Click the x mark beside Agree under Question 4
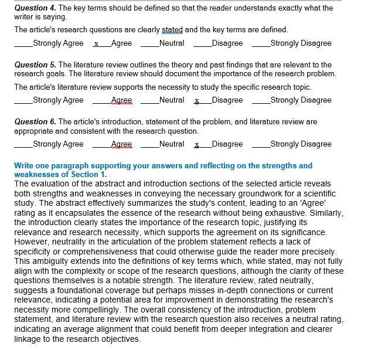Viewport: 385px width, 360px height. [x=96, y=43]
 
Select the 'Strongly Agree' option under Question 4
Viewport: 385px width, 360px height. [x=58, y=43]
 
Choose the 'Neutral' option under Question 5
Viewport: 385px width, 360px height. [x=171, y=100]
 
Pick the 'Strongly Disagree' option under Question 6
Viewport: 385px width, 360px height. [x=301, y=144]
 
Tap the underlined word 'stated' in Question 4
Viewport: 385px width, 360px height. [x=172, y=30]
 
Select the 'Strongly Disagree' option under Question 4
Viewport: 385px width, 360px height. [x=301, y=43]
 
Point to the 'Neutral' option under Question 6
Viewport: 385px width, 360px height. [x=171, y=144]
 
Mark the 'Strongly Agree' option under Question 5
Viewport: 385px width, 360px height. [x=58, y=100]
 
